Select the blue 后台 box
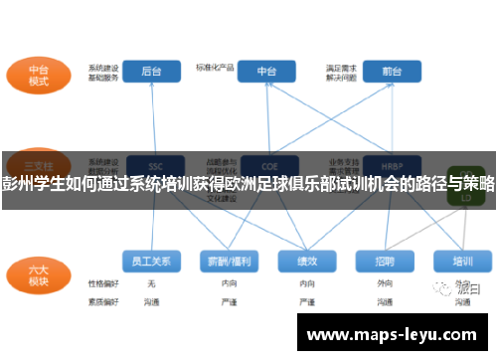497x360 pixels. coord(152,73)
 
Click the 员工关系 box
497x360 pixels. coord(151,261)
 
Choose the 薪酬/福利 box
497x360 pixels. coord(228,261)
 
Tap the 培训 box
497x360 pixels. coord(462,261)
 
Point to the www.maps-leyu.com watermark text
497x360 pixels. coord(396,332)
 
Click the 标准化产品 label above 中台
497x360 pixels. coord(215,68)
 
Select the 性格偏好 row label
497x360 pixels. coord(101,284)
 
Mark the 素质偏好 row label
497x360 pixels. coord(101,299)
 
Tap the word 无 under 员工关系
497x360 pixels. coord(151,284)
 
